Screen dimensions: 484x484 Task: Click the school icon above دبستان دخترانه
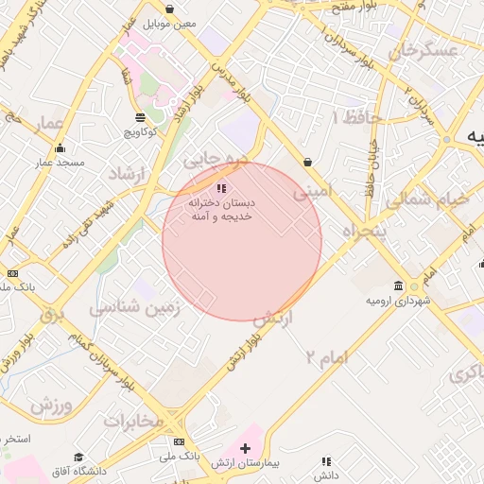pyautogui.click(x=222, y=189)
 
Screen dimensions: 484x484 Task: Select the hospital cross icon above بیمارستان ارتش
pyautogui.click(x=246, y=446)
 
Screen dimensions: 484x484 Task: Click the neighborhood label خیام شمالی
pyautogui.click(x=431, y=199)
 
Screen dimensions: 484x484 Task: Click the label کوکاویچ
pyautogui.click(x=140, y=133)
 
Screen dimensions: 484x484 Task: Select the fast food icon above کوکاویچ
pyautogui.click(x=140, y=118)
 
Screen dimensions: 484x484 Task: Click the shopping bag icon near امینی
pyautogui.click(x=308, y=162)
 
